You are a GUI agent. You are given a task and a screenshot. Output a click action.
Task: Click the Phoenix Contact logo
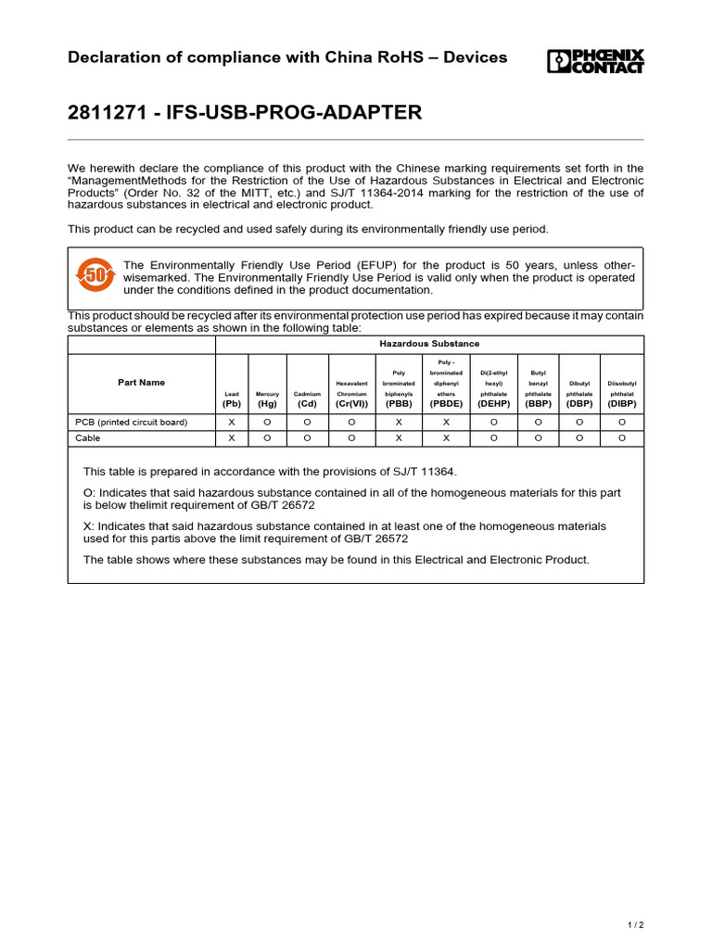point(595,61)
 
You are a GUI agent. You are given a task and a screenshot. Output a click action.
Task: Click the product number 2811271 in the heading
point(105,113)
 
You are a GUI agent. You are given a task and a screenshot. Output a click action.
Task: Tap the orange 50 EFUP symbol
point(95,274)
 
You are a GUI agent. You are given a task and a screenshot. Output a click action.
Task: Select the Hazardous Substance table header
point(429,344)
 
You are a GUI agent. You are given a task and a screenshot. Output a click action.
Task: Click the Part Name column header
point(141,382)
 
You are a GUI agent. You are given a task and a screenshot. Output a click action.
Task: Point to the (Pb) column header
point(232,404)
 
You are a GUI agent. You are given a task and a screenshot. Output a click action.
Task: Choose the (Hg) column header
point(267,404)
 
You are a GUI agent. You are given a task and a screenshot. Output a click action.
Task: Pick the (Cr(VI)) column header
point(351,404)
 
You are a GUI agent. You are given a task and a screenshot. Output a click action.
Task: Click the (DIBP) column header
point(622,404)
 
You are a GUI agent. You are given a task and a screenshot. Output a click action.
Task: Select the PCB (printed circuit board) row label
point(131,422)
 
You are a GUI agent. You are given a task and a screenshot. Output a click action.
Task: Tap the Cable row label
point(88,437)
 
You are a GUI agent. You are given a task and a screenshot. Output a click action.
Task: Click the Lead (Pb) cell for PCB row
point(232,422)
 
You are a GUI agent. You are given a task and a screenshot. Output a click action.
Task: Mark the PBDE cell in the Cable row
point(446,437)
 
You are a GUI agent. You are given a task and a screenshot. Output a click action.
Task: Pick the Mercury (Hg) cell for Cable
point(267,437)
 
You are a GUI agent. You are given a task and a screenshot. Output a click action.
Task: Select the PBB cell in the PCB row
point(398,422)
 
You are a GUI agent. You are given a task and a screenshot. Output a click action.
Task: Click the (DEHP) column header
point(493,404)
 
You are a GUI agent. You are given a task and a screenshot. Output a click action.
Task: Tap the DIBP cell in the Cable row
point(622,437)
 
